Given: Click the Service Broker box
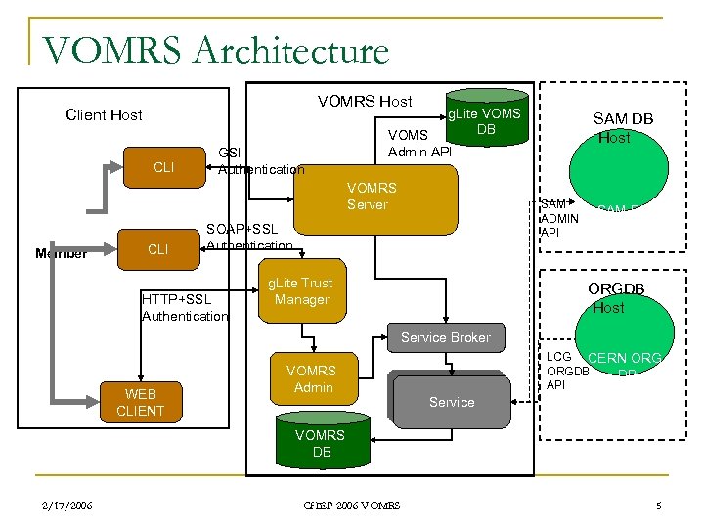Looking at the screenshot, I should tap(445, 337).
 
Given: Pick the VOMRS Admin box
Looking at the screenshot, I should tap(310, 379).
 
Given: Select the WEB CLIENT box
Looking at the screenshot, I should tap(140, 402).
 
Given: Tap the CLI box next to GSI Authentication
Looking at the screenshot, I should tap(164, 167).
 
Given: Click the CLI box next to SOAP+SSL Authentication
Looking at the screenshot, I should tap(157, 249).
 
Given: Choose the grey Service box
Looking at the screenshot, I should tap(451, 401).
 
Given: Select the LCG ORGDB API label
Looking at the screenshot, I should tap(566, 371).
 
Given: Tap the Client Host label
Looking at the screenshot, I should tap(104, 114).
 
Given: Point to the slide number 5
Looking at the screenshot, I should tap(659, 506).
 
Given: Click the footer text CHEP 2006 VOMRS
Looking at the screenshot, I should tap(351, 506).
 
